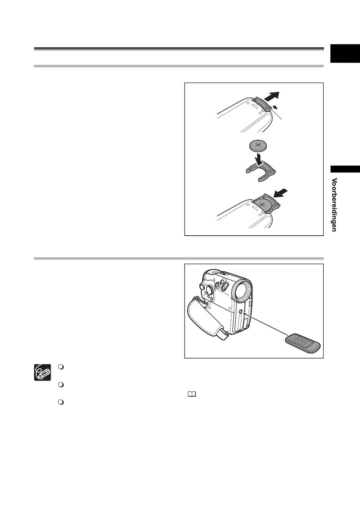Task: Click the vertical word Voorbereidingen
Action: [x=334, y=205]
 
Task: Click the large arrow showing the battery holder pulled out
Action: [x=272, y=97]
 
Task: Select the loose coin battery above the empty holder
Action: [x=258, y=146]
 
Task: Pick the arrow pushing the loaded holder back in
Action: [x=280, y=193]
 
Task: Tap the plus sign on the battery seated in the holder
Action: [x=262, y=205]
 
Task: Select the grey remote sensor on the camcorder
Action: [x=241, y=312]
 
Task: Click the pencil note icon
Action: [x=42, y=372]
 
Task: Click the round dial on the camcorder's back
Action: [x=208, y=290]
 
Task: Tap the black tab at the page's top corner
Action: [x=345, y=53]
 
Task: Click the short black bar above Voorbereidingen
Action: [x=345, y=169]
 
